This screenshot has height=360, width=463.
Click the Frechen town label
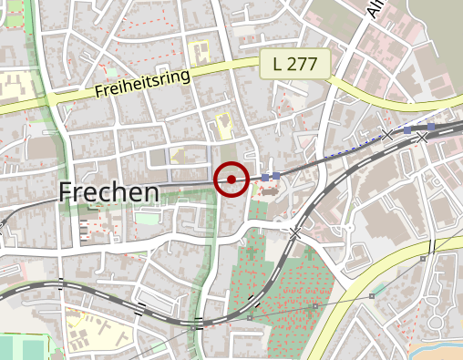(x=108, y=192)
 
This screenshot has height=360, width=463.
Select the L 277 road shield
(x=293, y=64)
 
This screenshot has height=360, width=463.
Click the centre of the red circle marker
(x=231, y=180)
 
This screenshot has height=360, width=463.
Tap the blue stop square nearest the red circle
(x=265, y=176)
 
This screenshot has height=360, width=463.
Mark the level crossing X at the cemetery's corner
(x=294, y=234)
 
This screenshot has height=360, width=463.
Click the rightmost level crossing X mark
(x=421, y=138)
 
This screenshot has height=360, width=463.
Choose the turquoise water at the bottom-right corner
(x=437, y=351)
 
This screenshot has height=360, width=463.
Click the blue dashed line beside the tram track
(x=351, y=146)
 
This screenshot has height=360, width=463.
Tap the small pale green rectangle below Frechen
(x=145, y=218)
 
